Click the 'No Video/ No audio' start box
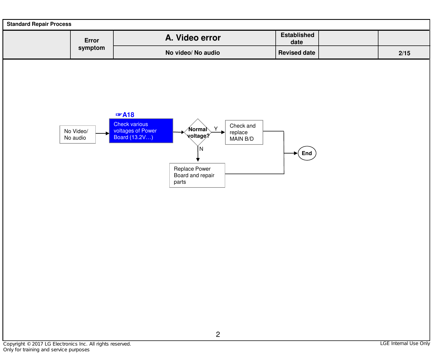point(77,134)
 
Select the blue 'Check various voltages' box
point(141,131)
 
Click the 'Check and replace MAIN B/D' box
point(244,132)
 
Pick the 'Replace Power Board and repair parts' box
point(197,175)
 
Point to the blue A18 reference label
point(125,115)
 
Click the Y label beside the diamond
point(216,129)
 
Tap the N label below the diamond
point(201,149)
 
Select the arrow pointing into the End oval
point(291,153)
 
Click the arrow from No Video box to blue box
point(102,133)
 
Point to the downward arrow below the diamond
point(198,154)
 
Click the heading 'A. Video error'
point(193,38)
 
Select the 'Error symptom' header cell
point(92,44)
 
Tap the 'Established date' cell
point(297,38)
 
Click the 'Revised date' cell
point(297,53)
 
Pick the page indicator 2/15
point(404,53)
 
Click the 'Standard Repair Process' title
point(39,24)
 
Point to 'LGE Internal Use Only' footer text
point(405,343)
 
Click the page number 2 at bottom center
point(218,334)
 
